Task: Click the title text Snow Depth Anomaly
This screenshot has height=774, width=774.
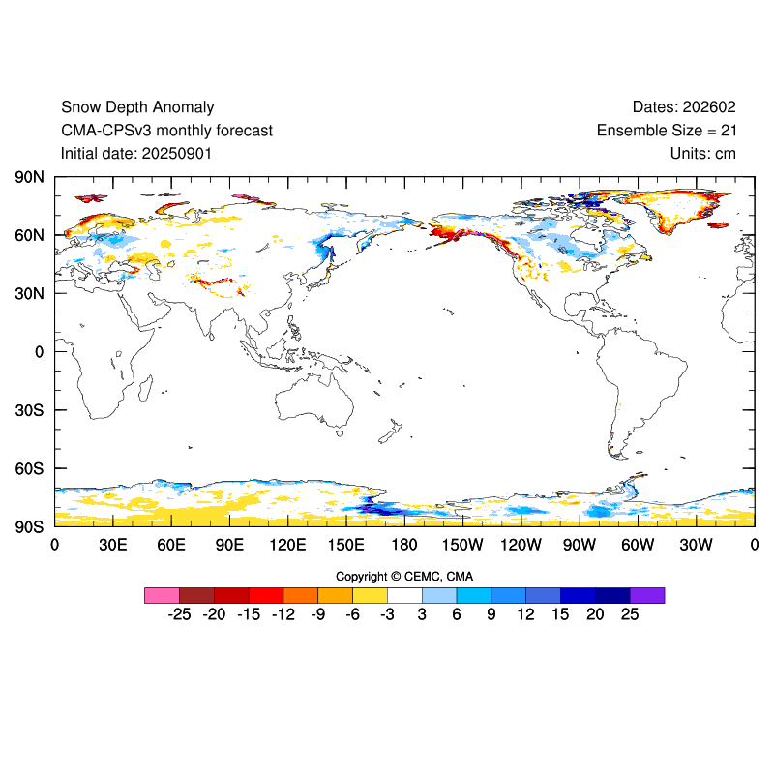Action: (x=137, y=107)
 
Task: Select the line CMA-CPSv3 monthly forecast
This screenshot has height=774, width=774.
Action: (x=166, y=131)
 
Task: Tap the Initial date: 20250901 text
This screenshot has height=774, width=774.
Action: (x=136, y=153)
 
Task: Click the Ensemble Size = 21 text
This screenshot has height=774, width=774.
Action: (x=667, y=131)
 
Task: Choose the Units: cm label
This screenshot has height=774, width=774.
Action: (x=702, y=153)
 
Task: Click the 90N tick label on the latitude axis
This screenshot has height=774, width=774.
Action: (x=28, y=178)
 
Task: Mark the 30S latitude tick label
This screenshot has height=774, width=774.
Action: (x=28, y=410)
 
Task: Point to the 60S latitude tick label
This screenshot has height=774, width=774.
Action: (x=28, y=469)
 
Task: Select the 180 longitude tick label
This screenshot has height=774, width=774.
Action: (x=404, y=545)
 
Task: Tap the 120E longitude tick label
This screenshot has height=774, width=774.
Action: (x=287, y=545)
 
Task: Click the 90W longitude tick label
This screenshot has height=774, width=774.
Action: (x=580, y=545)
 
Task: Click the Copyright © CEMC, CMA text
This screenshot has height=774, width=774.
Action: (x=404, y=577)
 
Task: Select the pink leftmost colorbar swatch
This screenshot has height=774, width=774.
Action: (x=162, y=595)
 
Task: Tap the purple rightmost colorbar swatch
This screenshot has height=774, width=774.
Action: (x=647, y=595)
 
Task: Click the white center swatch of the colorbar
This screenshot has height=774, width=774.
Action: (x=404, y=595)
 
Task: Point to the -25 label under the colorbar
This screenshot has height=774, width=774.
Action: (x=178, y=614)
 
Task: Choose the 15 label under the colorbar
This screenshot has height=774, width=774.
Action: (x=560, y=614)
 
